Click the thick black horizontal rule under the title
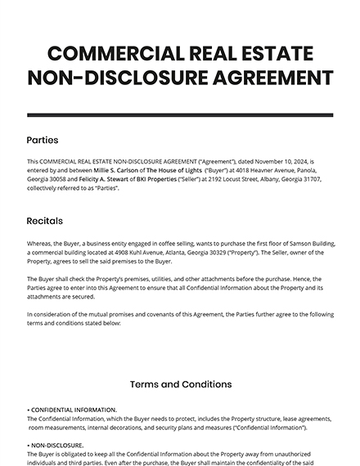click(180, 114)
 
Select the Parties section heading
click(43, 140)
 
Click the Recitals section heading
click(45, 221)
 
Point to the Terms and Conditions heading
click(180, 383)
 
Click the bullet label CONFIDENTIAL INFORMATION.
click(74, 410)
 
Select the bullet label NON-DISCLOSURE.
click(56, 446)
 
